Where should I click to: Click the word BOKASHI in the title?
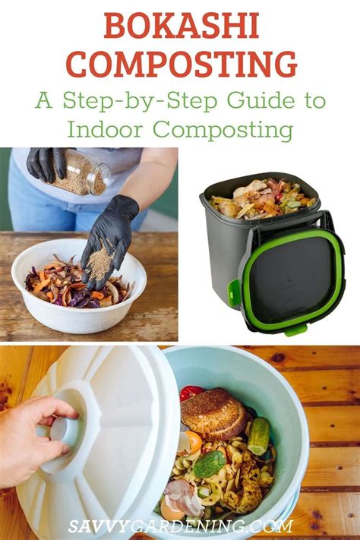click(x=180, y=27)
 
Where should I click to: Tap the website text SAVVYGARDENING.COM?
click(x=180, y=525)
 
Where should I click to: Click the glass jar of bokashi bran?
click(x=85, y=172)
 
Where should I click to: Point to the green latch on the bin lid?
click(x=235, y=293)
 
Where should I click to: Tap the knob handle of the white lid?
click(x=66, y=431)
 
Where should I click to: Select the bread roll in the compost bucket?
click(x=216, y=412)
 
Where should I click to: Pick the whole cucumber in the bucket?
click(x=259, y=435)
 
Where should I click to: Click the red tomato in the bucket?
click(x=192, y=393)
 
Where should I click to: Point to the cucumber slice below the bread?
click(x=210, y=463)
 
